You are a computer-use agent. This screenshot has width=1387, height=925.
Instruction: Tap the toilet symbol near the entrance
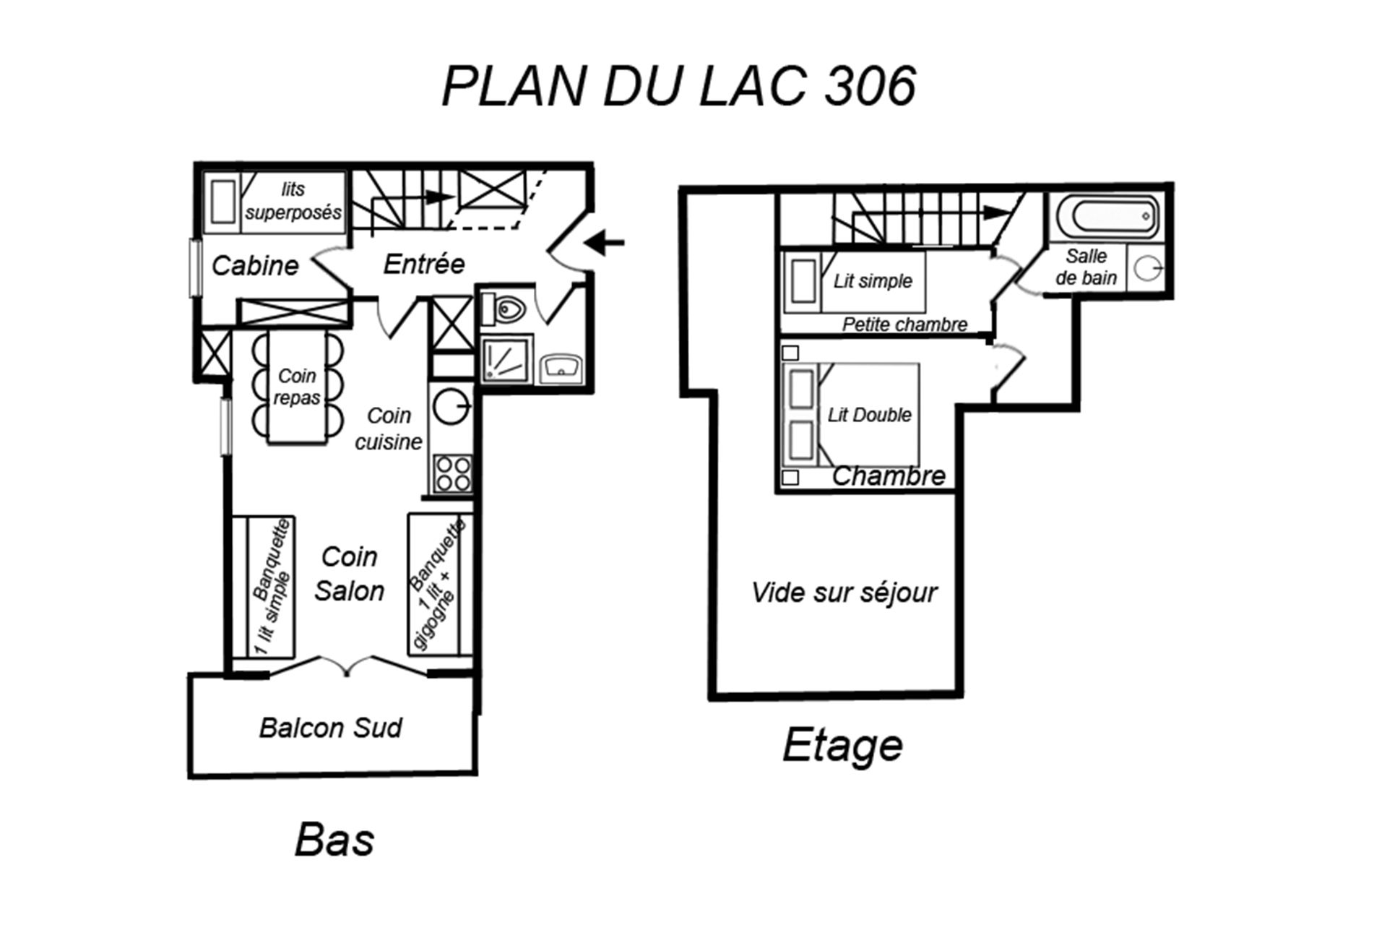(x=506, y=309)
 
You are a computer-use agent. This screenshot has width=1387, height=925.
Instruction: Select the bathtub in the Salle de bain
(x=1107, y=215)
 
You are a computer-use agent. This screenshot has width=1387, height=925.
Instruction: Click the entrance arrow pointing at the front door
(x=604, y=243)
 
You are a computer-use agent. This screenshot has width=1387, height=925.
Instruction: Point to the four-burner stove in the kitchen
(x=452, y=474)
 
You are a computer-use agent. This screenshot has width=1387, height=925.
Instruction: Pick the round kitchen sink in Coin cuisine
(x=451, y=407)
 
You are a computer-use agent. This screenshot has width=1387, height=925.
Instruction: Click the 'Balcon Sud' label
(x=330, y=728)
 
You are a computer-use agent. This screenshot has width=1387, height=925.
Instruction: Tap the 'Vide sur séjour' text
(x=844, y=593)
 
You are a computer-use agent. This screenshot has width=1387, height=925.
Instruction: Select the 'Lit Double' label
(x=869, y=415)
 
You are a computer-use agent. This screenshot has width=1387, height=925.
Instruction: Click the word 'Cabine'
(x=255, y=266)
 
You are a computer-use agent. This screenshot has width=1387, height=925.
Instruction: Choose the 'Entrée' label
(x=423, y=264)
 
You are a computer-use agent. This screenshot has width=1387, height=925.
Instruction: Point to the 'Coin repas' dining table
(x=297, y=387)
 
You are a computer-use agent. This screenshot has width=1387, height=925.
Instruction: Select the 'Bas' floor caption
(x=334, y=840)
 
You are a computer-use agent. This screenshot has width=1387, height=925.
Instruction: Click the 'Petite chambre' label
(x=904, y=324)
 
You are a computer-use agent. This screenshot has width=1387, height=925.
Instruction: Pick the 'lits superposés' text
(x=293, y=201)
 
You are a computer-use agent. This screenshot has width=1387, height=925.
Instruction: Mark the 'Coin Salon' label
(x=349, y=574)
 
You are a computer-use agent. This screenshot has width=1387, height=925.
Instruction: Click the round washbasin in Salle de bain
(x=1146, y=269)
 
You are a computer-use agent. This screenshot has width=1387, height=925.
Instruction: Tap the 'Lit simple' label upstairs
(x=873, y=280)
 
